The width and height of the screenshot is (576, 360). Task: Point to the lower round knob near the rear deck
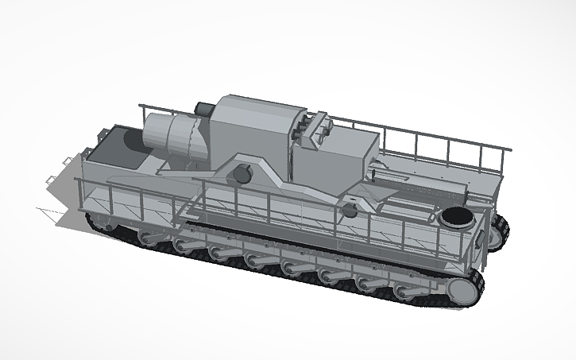pyautogui.click(x=349, y=210)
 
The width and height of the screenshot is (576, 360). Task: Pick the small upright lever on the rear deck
pyautogui.click(x=373, y=170)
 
